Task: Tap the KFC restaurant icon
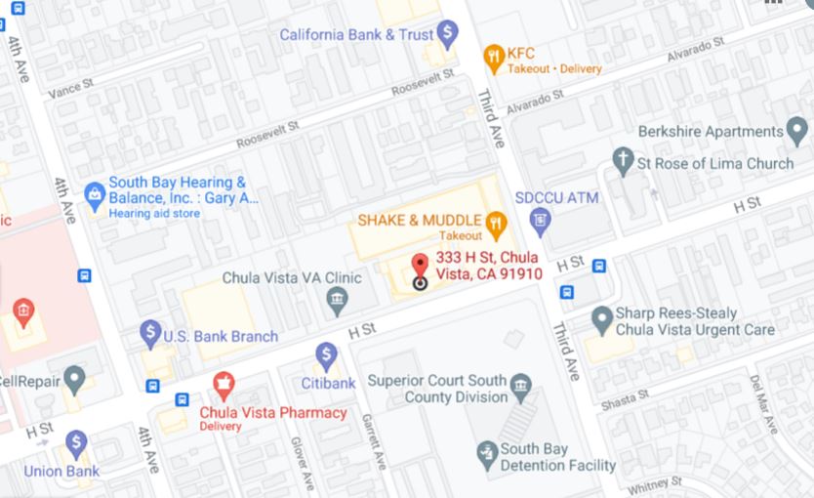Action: pyautogui.click(x=495, y=55)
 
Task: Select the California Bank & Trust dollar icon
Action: pyautogui.click(x=447, y=35)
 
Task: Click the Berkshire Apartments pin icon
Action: pyautogui.click(x=798, y=131)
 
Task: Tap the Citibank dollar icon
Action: pyautogui.click(x=326, y=356)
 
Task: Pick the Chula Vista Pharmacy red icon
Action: pyautogui.click(x=224, y=385)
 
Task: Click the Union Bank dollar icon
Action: pyautogui.click(x=76, y=444)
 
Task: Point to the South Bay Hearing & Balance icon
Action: pyautogui.click(x=95, y=195)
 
